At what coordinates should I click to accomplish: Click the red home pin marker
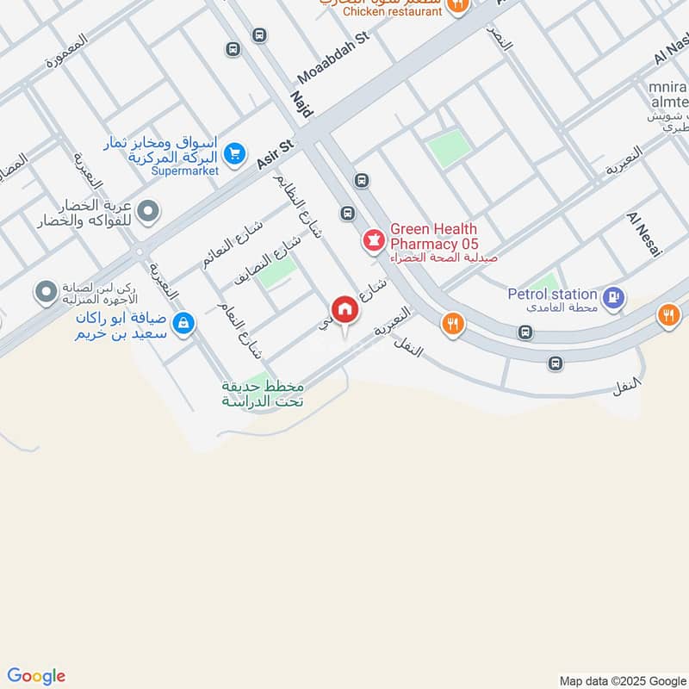(344, 310)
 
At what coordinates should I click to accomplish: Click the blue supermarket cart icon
(233, 154)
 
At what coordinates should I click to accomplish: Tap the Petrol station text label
(552, 294)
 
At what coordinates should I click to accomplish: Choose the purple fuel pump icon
(612, 299)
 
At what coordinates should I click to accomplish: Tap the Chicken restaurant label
(392, 11)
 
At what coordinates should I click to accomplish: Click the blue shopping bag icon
(183, 324)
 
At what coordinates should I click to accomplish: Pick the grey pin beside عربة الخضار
(149, 210)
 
